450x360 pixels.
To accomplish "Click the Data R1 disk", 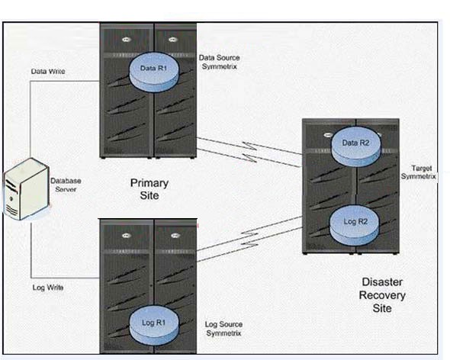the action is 154,72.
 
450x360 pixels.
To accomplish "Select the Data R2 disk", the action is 356,146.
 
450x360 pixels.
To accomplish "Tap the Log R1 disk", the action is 154,326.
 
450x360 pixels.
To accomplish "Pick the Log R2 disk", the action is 355,225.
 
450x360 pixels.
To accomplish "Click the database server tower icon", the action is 26,189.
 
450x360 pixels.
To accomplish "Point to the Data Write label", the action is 48,71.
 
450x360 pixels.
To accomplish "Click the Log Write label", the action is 48,288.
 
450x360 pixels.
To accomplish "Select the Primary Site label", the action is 149,189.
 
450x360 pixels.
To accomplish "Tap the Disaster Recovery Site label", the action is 382,295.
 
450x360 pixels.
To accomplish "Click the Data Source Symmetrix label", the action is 220,62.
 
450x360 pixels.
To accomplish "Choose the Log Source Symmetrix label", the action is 223,329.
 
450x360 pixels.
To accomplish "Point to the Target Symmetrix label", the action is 419,172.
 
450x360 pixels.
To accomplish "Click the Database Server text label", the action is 66,185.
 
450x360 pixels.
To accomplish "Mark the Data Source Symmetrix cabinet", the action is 148,91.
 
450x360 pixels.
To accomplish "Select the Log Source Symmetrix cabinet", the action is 148,286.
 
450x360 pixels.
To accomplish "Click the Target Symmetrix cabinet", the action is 351,186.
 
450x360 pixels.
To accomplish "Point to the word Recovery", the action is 382,295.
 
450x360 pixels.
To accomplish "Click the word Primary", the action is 149,184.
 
